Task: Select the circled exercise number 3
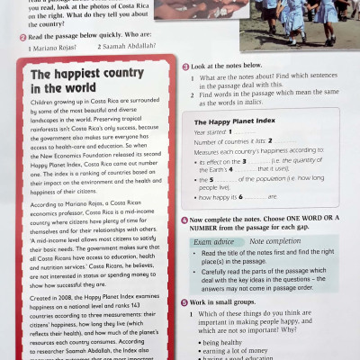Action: tap(184, 66)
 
